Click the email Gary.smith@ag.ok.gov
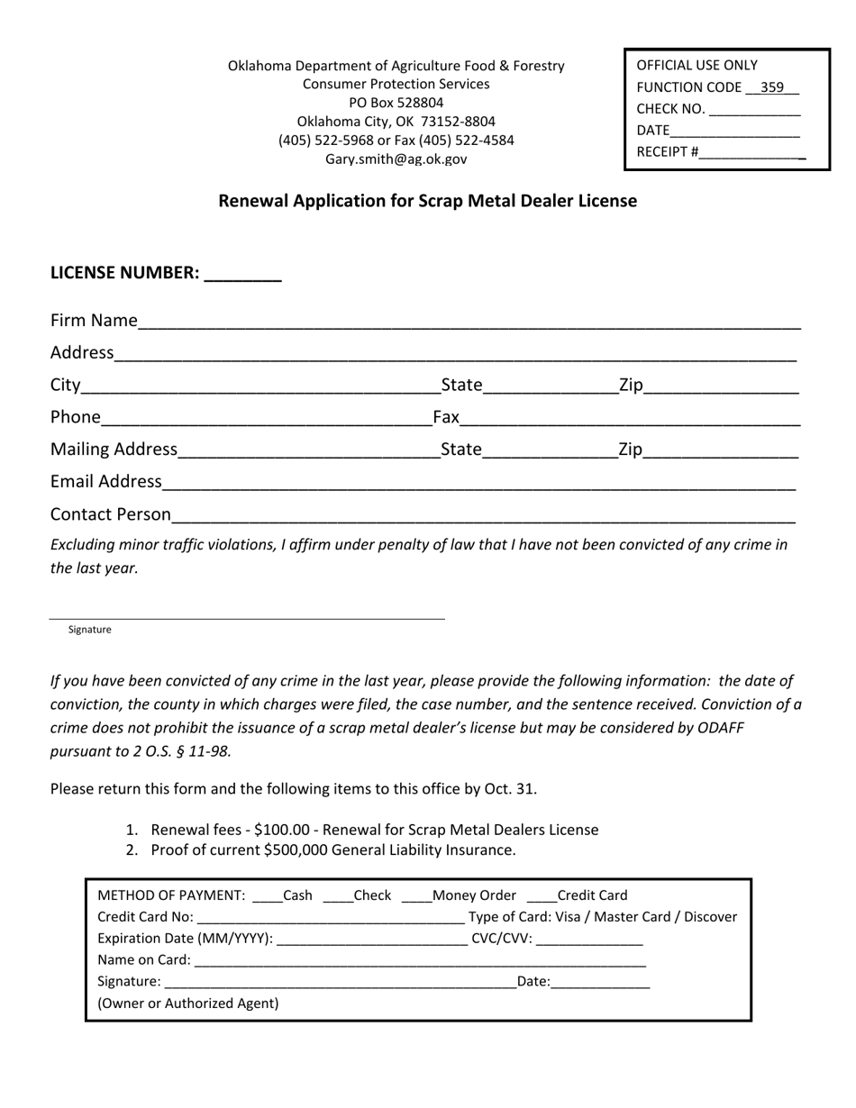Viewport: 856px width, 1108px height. pyautogui.click(x=396, y=159)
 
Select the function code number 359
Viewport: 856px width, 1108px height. pyautogui.click(x=771, y=87)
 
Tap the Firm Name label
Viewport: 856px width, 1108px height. pyautogui.click(x=94, y=321)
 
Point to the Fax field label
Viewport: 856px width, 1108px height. pyautogui.click(x=446, y=417)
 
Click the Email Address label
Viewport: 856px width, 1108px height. pyautogui.click(x=105, y=482)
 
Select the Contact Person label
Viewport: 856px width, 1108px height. pyautogui.click(x=110, y=514)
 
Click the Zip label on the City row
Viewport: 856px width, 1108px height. pyautogui.click(x=631, y=386)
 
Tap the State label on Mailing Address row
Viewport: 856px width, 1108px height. pyautogui.click(x=461, y=450)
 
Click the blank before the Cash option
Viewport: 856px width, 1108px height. pyautogui.click(x=268, y=896)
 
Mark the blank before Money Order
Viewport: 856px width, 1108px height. pyautogui.click(x=416, y=896)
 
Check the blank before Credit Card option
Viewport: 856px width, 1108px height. pyautogui.click(x=542, y=896)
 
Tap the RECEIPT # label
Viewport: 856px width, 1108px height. pyautogui.click(x=667, y=151)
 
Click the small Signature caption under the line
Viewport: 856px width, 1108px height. pyautogui.click(x=89, y=630)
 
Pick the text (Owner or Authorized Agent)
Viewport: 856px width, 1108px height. pyautogui.click(x=187, y=1003)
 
